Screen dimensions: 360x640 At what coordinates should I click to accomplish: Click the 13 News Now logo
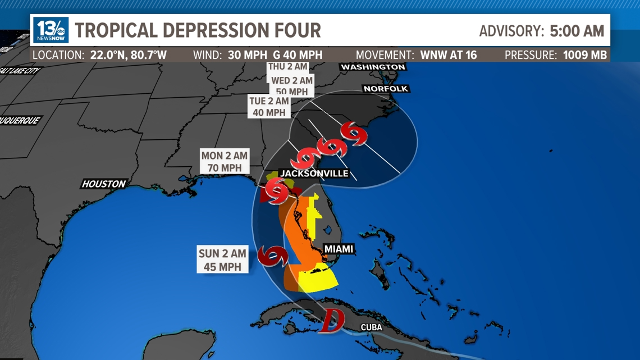tap(51, 30)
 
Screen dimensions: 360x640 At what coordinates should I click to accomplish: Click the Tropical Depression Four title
tap(198, 30)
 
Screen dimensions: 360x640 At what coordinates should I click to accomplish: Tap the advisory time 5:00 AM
tap(577, 31)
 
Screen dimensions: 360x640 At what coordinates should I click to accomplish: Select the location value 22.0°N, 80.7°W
tap(129, 55)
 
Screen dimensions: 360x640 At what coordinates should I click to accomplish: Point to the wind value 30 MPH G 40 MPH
tap(275, 55)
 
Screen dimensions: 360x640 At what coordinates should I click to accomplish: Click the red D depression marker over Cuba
tap(331, 320)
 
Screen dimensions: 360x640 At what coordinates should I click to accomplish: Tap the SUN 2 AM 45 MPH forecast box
tap(222, 260)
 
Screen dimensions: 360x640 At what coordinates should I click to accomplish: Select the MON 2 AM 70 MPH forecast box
tap(225, 162)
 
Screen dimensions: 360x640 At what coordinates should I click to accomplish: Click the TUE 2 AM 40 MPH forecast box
tap(269, 107)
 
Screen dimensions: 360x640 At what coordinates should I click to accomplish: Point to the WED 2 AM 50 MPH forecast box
tap(291, 86)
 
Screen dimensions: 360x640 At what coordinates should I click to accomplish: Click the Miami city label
tap(339, 249)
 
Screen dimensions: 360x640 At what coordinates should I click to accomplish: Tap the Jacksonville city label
tap(314, 174)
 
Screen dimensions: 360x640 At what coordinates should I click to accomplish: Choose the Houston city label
tap(104, 184)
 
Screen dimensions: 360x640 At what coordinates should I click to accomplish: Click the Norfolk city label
tap(386, 89)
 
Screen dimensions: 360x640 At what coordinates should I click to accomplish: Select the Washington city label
tap(373, 67)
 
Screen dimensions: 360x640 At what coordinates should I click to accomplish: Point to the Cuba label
tap(371, 327)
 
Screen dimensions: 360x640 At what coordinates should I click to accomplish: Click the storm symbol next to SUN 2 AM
tap(273, 256)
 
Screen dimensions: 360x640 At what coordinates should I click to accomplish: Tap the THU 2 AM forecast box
tap(287, 67)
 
